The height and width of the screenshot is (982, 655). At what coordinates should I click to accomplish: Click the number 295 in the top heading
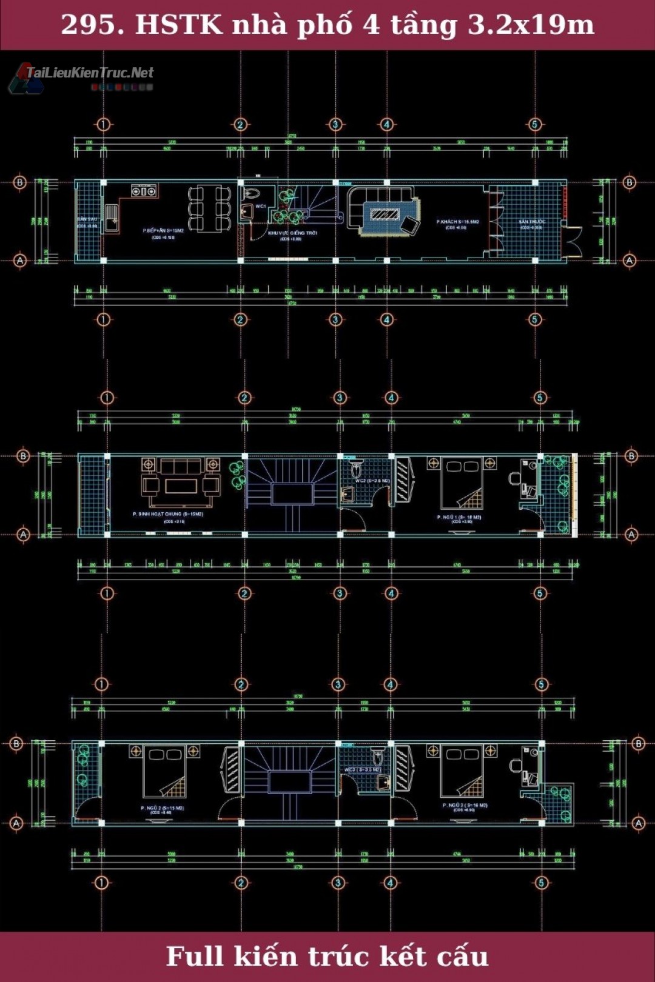[x=89, y=25]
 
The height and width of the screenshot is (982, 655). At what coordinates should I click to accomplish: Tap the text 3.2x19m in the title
[x=531, y=25]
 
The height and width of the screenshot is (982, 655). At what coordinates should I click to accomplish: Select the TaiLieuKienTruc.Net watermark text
[x=90, y=73]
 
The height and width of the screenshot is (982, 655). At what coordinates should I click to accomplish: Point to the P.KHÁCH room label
[x=457, y=222]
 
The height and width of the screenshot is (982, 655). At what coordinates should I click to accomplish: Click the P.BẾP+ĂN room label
[x=163, y=230]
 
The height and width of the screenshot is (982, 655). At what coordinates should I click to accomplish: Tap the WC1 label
[x=261, y=206]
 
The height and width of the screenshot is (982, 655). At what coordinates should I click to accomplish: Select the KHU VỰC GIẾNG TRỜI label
[x=292, y=233]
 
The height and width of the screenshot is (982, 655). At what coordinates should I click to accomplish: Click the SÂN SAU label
[x=87, y=219]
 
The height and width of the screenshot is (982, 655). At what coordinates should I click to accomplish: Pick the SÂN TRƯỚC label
[x=531, y=222]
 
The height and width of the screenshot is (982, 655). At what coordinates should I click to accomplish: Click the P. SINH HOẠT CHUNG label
[x=168, y=514]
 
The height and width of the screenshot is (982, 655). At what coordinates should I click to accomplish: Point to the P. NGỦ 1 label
[x=459, y=517]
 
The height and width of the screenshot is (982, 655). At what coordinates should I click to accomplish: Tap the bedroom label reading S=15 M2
[x=162, y=808]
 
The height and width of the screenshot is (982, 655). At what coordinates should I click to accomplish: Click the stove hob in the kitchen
[x=144, y=192]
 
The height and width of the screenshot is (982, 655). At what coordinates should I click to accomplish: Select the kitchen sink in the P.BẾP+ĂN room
[x=112, y=218]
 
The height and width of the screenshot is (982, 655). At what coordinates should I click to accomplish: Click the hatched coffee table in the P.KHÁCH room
[x=385, y=214]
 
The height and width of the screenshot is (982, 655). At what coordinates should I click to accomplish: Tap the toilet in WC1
[x=250, y=194]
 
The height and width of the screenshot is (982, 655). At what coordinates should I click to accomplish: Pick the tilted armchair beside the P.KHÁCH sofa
[x=411, y=225]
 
